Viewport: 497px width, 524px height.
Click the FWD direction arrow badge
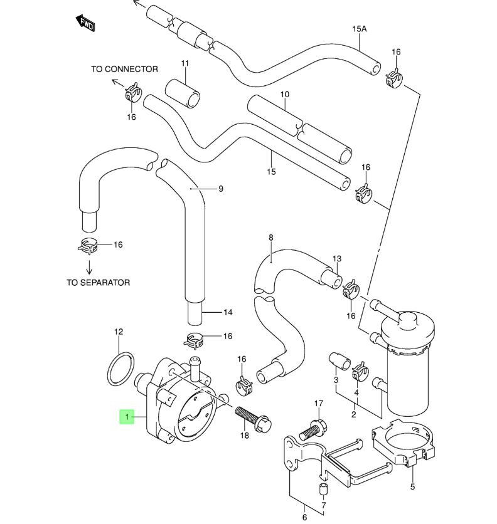pos(86,24)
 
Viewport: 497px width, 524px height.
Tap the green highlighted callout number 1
pos(127,417)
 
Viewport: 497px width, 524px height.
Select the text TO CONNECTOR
pos(124,69)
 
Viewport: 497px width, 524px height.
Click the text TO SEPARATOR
pos(98,283)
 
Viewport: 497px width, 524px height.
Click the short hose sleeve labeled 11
pos(183,93)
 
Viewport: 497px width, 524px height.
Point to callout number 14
pos(227,312)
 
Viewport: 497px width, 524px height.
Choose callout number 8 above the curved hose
pos(271,238)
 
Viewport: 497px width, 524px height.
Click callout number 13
pos(337,259)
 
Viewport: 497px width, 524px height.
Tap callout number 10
pos(284,95)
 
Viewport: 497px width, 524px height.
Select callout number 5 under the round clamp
pos(413,486)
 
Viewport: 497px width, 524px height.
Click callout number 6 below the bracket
pos(305,517)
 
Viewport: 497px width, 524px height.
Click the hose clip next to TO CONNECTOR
pos(133,93)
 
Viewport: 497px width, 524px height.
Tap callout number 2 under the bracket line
pos(353,414)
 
